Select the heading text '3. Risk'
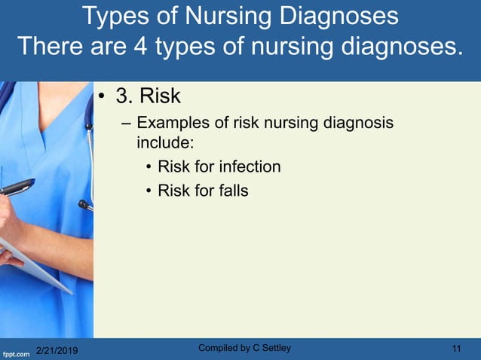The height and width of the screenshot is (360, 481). coord(149,98)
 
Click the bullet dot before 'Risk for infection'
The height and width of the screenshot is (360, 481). coord(150,167)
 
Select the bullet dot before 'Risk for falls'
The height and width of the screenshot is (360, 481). coord(150,191)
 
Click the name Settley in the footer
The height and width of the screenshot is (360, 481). coord(274,347)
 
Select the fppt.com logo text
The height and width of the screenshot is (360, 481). coord(15,351)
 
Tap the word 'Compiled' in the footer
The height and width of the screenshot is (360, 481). coord(216,347)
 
